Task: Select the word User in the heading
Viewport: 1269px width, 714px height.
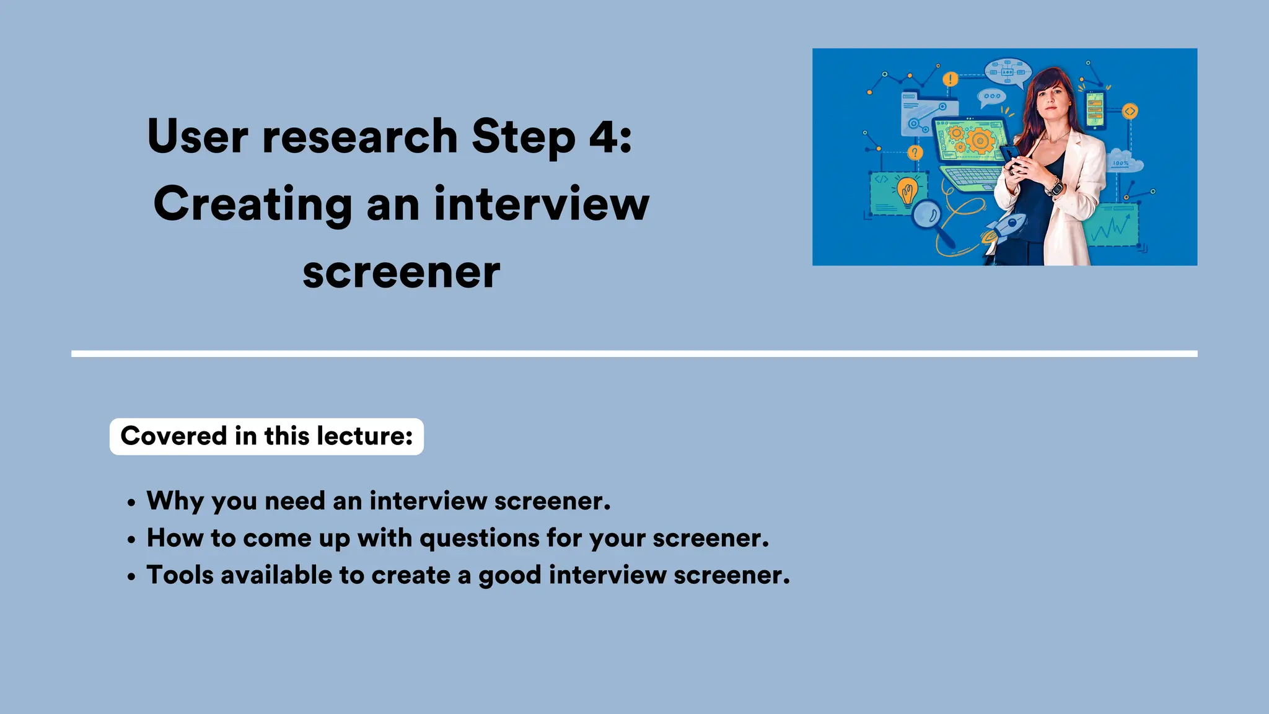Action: [198, 136]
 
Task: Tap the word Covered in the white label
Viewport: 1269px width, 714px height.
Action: [174, 436]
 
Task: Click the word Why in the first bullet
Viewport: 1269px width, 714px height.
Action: [175, 501]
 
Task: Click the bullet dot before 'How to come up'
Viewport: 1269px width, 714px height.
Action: [131, 540]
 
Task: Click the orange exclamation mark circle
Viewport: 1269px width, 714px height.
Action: [950, 79]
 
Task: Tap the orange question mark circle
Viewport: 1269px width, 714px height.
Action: [915, 152]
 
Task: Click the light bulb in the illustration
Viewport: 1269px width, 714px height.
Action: [908, 190]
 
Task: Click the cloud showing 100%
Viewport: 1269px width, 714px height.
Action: [1125, 161]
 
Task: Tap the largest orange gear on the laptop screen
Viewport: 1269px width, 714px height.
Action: [980, 141]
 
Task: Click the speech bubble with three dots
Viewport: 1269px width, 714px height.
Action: [991, 97]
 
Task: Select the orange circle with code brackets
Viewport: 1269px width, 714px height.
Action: [1130, 112]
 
